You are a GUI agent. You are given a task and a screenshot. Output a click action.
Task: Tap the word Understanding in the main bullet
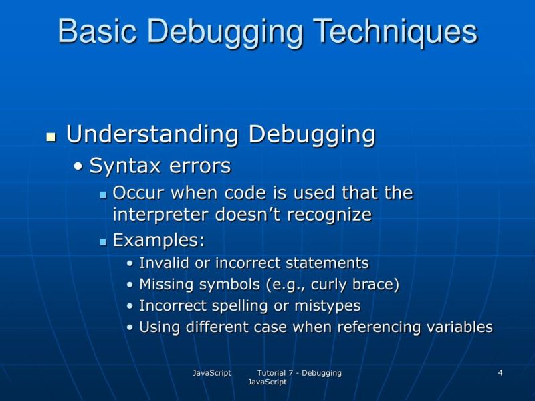(x=153, y=134)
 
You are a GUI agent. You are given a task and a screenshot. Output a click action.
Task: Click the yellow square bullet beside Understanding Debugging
(x=50, y=136)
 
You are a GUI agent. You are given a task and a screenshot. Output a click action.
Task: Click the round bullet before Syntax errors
(x=80, y=166)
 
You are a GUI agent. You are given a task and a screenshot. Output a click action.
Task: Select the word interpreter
(x=161, y=215)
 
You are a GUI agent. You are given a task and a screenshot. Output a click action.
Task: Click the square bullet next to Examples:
(x=103, y=241)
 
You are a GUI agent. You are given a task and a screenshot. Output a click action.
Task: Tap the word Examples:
(x=158, y=239)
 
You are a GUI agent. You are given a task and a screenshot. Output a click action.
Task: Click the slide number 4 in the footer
(x=500, y=372)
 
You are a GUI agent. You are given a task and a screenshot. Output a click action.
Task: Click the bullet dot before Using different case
(x=130, y=328)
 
